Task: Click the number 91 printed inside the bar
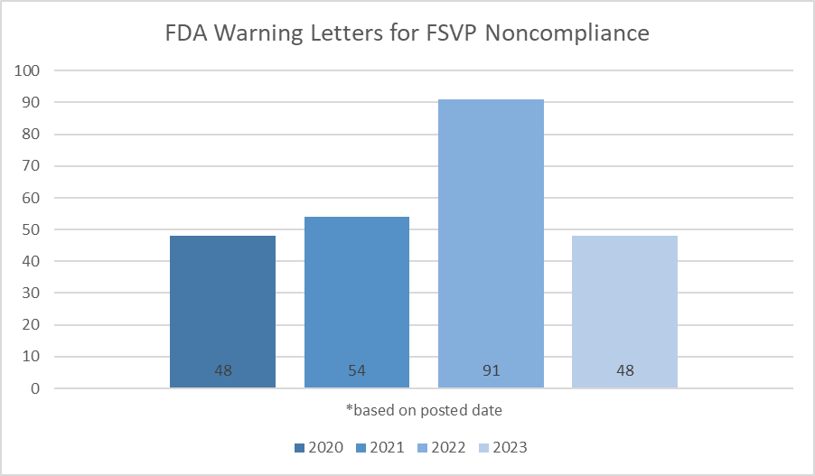(x=491, y=370)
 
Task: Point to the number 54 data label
(x=356, y=370)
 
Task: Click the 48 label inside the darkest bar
(x=222, y=370)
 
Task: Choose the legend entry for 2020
(x=318, y=447)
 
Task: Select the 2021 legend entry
(x=379, y=447)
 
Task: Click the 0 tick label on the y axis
(x=36, y=388)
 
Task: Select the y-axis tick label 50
(x=32, y=229)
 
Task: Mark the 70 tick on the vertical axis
(x=32, y=166)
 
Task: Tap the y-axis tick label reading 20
(x=32, y=325)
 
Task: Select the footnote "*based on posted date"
(x=424, y=410)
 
